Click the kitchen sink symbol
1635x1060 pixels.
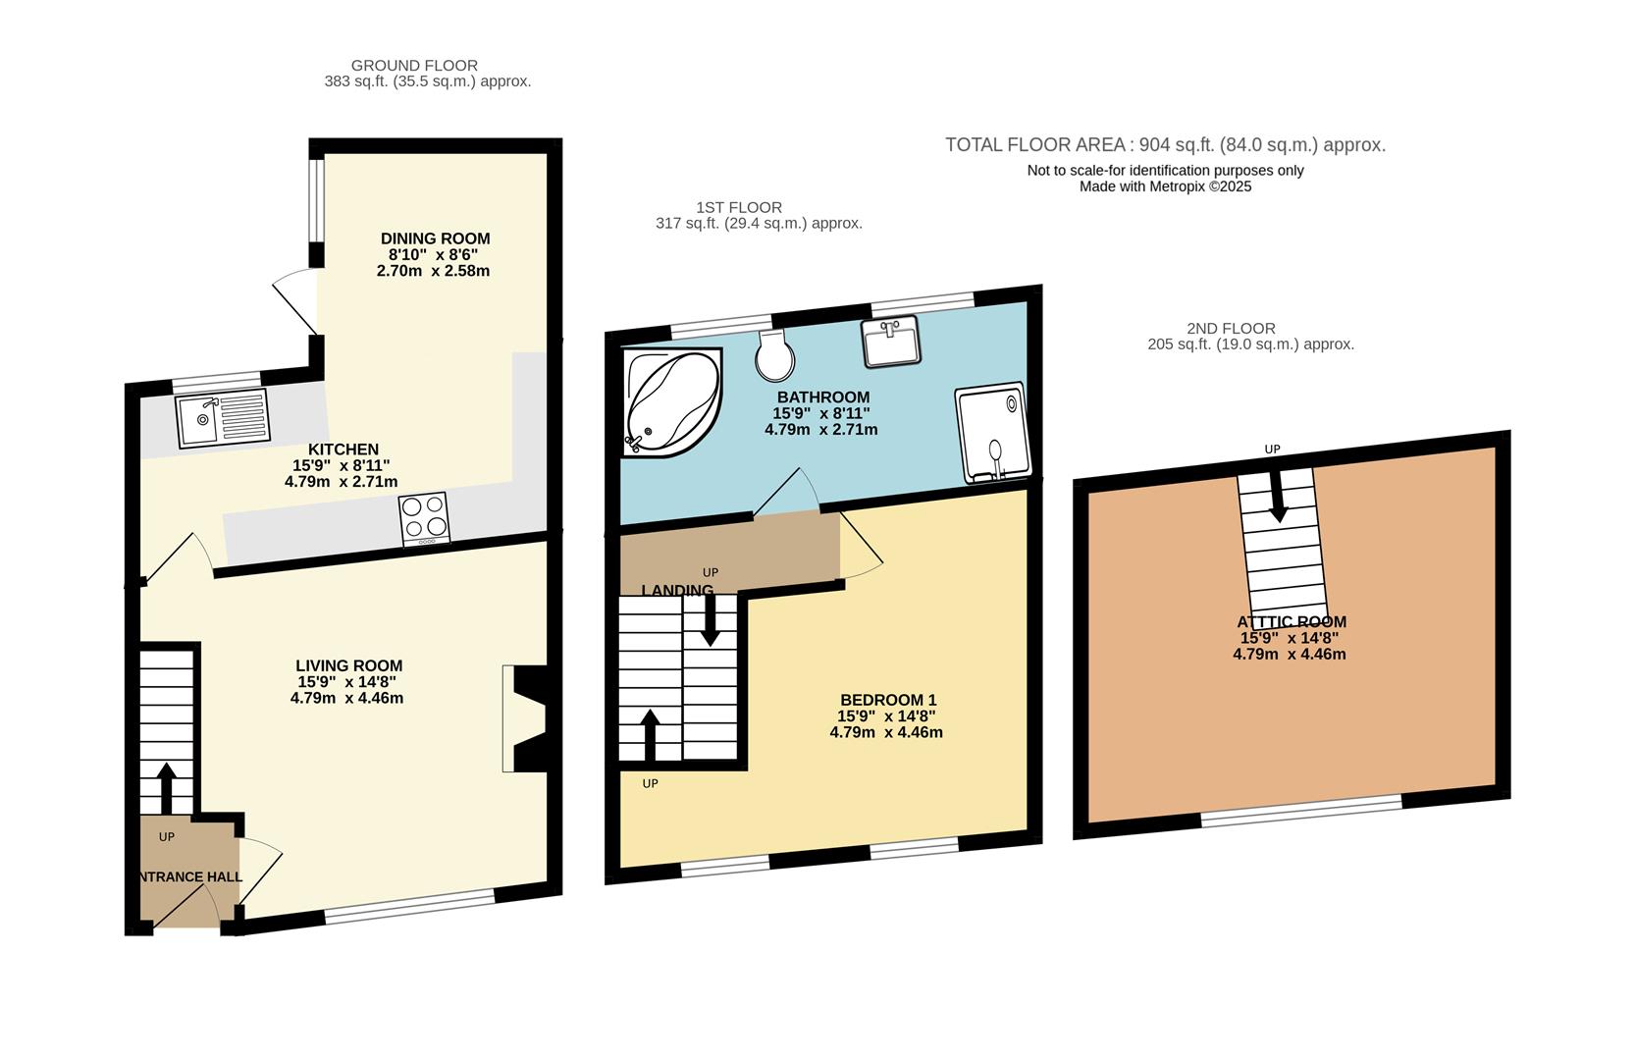(221, 419)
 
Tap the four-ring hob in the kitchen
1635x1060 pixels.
(425, 518)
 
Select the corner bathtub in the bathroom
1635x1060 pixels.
(670, 402)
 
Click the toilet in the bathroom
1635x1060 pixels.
(775, 355)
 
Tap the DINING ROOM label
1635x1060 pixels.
(435, 238)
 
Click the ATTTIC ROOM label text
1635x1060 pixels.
(1292, 621)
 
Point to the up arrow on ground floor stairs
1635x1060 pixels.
(166, 785)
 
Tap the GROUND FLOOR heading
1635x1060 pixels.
(414, 66)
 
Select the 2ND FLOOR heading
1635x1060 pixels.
(1230, 329)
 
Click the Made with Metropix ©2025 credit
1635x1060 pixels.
(1165, 186)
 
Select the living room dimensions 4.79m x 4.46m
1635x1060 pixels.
(346, 699)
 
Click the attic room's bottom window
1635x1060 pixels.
(1301, 811)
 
